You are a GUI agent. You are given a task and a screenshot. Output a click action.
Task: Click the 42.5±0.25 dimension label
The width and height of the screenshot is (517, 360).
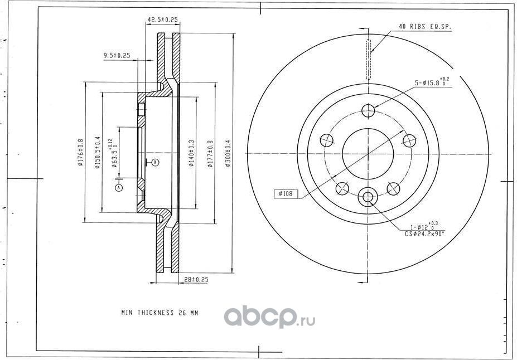162,20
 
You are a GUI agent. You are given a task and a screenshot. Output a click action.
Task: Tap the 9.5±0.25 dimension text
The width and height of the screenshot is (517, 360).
117,55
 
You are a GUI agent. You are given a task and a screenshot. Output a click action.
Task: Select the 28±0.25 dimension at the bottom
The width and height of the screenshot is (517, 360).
196,280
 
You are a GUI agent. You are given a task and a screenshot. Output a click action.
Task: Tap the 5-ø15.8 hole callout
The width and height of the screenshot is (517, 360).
430,83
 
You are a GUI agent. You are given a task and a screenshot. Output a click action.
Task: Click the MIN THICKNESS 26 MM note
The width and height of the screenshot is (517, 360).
160,313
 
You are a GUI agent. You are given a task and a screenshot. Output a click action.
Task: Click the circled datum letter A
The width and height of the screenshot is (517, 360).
118,188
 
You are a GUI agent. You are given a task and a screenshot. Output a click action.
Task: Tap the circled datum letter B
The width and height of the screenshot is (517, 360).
156,162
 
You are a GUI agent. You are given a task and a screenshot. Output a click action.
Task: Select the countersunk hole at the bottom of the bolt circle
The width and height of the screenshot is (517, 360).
368,197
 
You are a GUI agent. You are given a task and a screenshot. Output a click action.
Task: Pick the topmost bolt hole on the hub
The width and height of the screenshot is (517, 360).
368,111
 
